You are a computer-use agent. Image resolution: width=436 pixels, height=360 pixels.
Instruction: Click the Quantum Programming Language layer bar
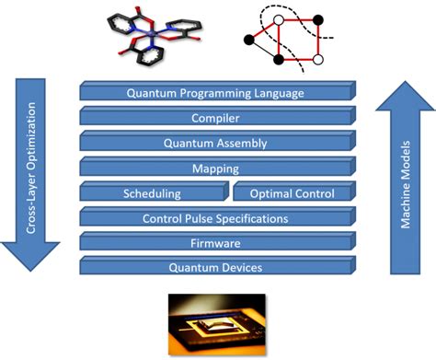pos(214,92)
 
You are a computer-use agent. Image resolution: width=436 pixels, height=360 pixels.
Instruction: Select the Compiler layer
pos(214,117)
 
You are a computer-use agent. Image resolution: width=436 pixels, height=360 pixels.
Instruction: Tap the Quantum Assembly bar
pos(214,143)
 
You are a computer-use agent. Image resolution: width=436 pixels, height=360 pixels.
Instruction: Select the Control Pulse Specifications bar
pos(214,218)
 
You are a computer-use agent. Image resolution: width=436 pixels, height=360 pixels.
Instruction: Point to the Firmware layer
pos(214,243)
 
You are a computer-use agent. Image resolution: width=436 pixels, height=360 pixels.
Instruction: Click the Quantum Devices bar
pos(214,268)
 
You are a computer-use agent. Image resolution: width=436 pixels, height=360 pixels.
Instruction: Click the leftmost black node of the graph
pos(248,38)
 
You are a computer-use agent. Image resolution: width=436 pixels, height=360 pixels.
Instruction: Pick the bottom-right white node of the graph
pos(317,60)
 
